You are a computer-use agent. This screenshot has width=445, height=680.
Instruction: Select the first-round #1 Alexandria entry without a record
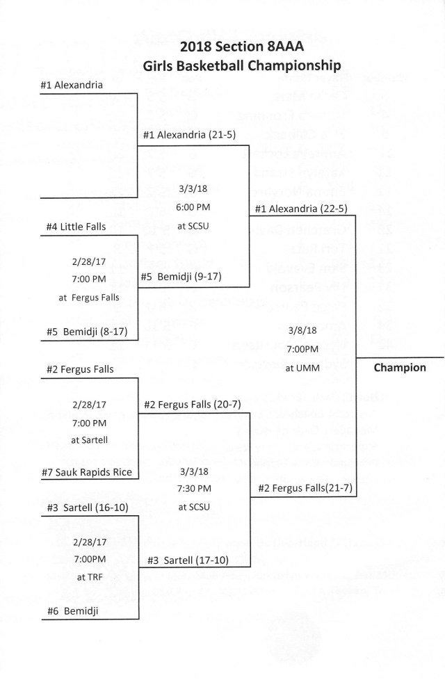(x=72, y=86)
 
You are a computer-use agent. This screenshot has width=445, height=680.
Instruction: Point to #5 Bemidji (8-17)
(x=83, y=331)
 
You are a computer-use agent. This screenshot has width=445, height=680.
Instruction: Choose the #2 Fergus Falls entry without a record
(x=76, y=369)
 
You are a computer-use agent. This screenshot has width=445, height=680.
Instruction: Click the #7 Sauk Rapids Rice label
(x=86, y=472)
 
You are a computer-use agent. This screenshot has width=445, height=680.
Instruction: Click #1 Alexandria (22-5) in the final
(x=301, y=208)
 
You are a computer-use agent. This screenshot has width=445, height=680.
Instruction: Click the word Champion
(x=400, y=367)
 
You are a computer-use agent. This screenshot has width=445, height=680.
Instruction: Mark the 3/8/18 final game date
(x=302, y=330)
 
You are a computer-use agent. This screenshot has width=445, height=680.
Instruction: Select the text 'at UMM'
(x=302, y=368)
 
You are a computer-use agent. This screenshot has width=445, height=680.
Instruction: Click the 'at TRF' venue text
(x=89, y=576)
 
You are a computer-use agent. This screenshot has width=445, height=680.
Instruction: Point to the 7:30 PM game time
(x=194, y=489)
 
